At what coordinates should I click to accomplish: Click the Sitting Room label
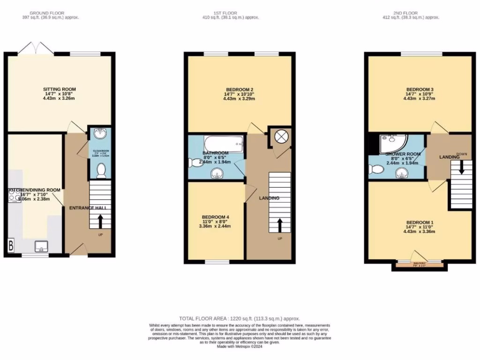pyautogui.click(x=59, y=89)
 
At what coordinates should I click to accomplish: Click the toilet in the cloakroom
pyautogui.click(x=99, y=171)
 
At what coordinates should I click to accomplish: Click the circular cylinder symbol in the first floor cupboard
pyautogui.click(x=280, y=137)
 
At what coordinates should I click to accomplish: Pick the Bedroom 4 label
pyautogui.click(x=216, y=217)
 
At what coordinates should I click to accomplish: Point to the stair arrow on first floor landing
pyautogui.click(x=280, y=225)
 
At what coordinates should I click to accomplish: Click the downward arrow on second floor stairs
pyautogui.click(x=461, y=168)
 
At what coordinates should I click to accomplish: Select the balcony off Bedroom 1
pyautogui.click(x=419, y=265)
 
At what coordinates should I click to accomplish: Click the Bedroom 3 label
pyautogui.click(x=420, y=90)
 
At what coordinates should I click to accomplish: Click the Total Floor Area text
pyautogui.click(x=240, y=319)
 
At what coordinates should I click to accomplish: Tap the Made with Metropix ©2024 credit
pyautogui.click(x=240, y=347)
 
